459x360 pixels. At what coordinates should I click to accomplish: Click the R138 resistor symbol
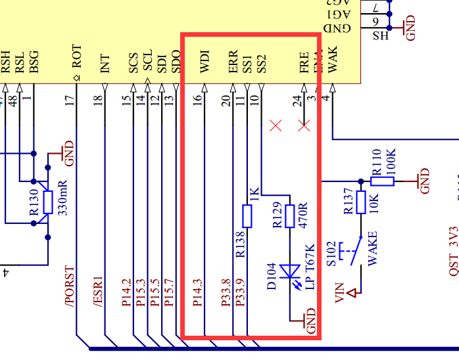tap(247, 215)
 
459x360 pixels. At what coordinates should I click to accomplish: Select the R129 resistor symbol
tap(289, 215)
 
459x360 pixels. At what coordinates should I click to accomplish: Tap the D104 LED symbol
tap(289, 271)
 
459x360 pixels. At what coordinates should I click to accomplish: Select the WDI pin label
tap(205, 63)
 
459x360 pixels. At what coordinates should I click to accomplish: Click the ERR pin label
tap(233, 63)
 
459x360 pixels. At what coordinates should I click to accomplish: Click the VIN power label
tap(340, 292)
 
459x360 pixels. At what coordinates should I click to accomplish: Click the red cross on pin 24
tap(304, 125)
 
